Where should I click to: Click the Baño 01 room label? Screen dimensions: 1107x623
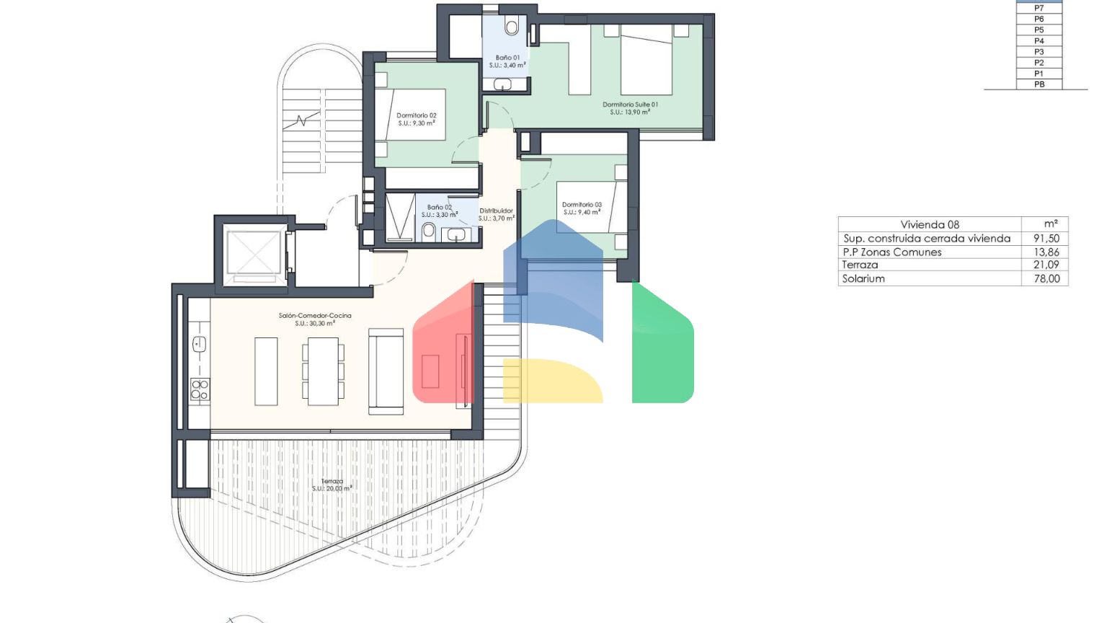pos(507,58)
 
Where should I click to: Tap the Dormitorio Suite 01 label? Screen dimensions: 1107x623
pos(630,105)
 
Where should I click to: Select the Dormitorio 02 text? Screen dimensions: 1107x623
pos(417,115)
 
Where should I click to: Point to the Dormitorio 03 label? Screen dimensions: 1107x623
pos(582,204)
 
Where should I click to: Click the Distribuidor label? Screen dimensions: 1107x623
pos(496,211)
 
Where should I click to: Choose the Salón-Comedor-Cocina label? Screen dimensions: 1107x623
pos(315,315)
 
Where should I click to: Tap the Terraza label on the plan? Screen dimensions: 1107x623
pos(332,481)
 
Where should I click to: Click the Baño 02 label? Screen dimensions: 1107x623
pos(440,207)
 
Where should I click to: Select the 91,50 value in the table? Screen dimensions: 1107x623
pos(1046,239)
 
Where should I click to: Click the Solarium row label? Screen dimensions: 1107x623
pos(863,278)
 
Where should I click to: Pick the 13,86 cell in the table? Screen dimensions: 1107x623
pos(1046,252)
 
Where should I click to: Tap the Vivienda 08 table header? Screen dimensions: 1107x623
pos(930,224)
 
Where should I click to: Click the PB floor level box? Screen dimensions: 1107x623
pos(1039,84)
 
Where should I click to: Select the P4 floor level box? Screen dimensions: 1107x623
pos(1039,40)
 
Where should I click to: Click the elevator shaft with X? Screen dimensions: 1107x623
pos(254,255)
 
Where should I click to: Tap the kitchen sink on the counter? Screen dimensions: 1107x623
pos(199,344)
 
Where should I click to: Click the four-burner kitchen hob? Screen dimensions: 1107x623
pos(200,389)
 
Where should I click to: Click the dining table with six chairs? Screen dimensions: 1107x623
pos(323,371)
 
